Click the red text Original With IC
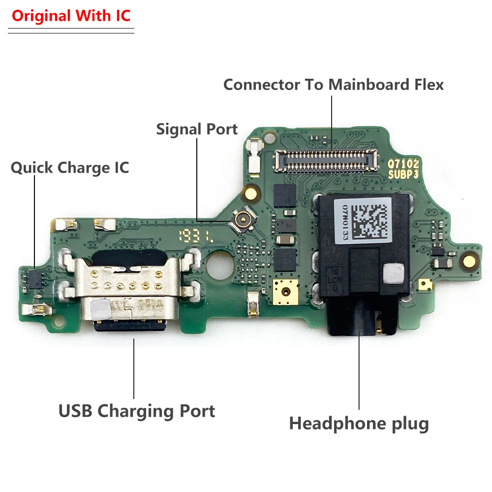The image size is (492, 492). click(71, 16)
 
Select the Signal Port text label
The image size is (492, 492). click(197, 129)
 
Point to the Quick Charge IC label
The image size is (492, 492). click(70, 168)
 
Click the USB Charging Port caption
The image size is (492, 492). click(137, 411)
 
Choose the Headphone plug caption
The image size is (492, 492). click(359, 423)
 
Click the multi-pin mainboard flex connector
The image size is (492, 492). click(325, 160)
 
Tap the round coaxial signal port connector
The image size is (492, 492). click(242, 220)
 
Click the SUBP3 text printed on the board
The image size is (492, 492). click(403, 175)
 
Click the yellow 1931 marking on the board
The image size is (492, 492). click(196, 236)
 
